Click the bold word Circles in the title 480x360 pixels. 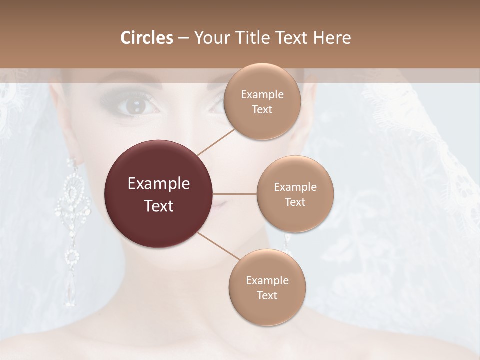pyautogui.click(x=147, y=38)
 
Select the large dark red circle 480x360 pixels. pyautogui.click(x=159, y=194)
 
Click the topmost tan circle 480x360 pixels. pyautogui.click(x=262, y=101)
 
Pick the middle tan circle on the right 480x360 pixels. pyautogui.click(x=295, y=194)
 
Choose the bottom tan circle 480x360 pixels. pyautogui.click(x=267, y=287)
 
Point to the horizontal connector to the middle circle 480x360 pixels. pyautogui.click(x=235, y=194)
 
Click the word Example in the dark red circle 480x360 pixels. pyautogui.click(x=159, y=184)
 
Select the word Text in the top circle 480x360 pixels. pyautogui.click(x=262, y=109)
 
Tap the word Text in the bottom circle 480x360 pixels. pyautogui.click(x=267, y=295)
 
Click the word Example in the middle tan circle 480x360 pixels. pyautogui.click(x=295, y=187)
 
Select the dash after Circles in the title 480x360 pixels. pyautogui.click(x=183, y=38)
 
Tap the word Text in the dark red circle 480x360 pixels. pyautogui.click(x=159, y=206)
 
